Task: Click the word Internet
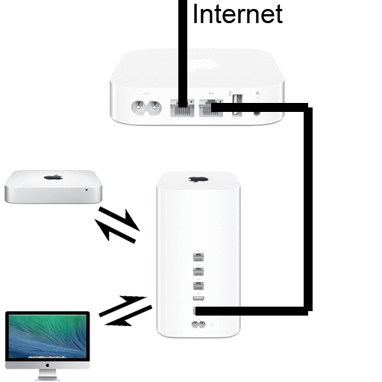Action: pos(237,13)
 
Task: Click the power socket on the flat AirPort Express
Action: pos(146,108)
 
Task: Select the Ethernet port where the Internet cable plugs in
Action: pos(182,108)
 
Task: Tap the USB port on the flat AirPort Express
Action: pos(237,105)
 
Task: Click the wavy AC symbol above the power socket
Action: pos(146,94)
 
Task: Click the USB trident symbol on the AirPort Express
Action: pos(230,93)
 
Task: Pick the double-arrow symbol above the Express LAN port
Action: pos(211,93)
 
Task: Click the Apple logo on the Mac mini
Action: pos(54,177)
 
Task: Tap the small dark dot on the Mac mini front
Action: pos(87,190)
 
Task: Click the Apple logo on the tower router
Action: pos(198,179)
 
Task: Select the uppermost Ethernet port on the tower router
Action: pos(198,257)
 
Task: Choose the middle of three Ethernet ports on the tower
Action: pos(198,272)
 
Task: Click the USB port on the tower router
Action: pos(198,298)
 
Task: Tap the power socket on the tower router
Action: pos(198,325)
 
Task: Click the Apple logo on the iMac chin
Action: pos(47,365)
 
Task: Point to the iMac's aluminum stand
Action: pos(47,375)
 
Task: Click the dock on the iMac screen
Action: pos(47,357)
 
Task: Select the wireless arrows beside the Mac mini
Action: pos(117,225)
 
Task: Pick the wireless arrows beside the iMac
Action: pos(125,311)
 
